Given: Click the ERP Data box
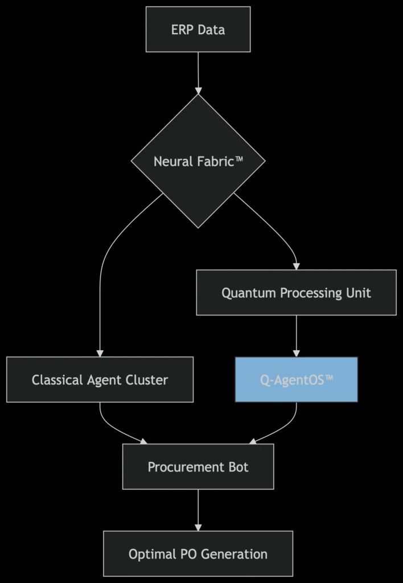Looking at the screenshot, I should tap(198, 30).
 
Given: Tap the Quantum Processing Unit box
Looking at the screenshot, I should tap(296, 293).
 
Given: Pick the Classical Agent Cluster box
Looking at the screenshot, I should tap(100, 380).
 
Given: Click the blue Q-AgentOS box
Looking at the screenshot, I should tap(296, 380).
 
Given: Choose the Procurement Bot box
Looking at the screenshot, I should tap(198, 467).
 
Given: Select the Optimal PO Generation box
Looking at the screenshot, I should tap(198, 553).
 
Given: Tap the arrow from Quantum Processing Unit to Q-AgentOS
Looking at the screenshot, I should tap(296, 336).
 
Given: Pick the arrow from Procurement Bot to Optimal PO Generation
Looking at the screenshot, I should tap(198, 510).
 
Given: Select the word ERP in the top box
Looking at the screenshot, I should tap(182, 30).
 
